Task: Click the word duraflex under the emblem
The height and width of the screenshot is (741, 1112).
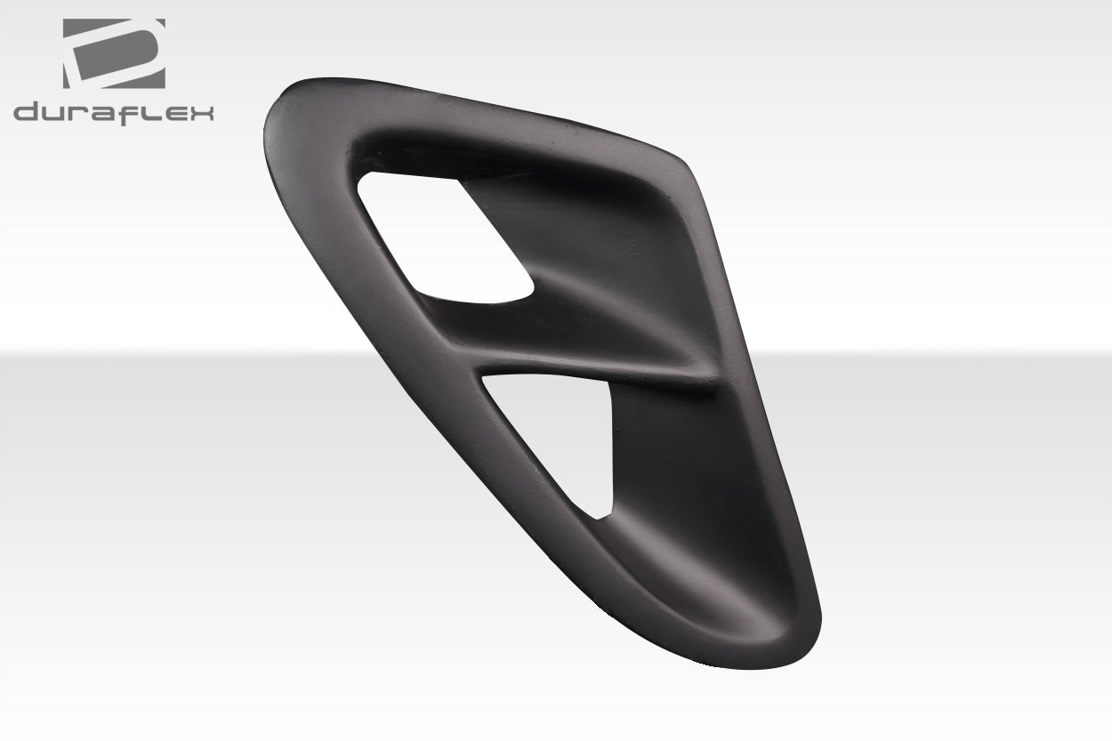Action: click(x=114, y=113)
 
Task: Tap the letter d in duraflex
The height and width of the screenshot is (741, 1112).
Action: click(x=26, y=113)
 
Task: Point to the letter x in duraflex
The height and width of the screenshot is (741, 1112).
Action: click(x=202, y=113)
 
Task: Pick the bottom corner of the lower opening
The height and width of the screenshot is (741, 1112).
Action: click(x=603, y=514)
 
